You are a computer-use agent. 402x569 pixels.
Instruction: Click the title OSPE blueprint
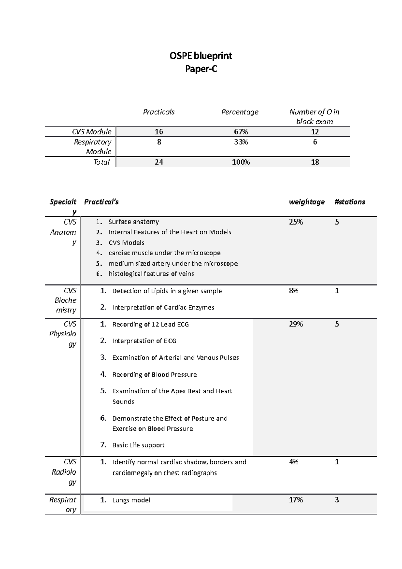201,55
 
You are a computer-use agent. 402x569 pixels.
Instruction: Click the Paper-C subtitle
201,69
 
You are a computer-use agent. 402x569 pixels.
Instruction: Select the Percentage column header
240,112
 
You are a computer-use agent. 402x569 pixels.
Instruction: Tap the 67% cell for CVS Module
241,132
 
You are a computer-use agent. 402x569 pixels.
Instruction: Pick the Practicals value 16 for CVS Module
159,132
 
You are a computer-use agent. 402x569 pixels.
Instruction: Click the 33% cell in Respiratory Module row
241,142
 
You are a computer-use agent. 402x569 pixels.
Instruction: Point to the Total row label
102,162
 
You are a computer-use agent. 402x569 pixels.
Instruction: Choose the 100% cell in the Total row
241,162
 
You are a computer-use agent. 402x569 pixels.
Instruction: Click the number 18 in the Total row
315,162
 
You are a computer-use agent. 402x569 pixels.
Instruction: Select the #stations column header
350,202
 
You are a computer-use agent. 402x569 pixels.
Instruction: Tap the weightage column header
307,202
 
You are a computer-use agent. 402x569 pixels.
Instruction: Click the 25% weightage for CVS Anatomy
296,222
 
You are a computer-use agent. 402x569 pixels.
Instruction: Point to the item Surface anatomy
134,222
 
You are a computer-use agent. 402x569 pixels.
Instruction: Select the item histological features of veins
151,274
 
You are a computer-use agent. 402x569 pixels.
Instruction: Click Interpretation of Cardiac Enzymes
163,307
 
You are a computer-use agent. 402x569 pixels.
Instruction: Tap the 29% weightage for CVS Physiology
296,324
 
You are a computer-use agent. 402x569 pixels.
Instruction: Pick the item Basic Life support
138,445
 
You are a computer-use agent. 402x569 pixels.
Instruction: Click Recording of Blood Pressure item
154,374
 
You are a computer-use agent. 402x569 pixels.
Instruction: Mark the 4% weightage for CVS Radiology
294,462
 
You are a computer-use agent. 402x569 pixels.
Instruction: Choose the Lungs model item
131,500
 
